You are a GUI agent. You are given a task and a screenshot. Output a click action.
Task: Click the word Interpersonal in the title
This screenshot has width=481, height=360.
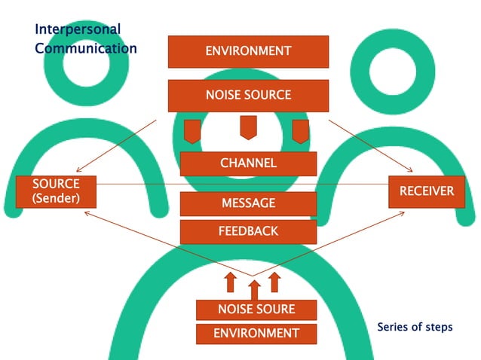point(78,29)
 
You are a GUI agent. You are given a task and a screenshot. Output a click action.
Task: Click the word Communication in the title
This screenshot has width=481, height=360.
point(86,48)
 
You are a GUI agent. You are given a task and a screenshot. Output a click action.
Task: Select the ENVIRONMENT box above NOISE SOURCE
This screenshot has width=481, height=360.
point(248,51)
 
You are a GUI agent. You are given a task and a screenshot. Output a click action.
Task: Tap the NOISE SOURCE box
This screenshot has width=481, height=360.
point(248,96)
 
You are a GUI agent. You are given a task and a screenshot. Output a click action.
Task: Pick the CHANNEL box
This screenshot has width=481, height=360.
point(248,163)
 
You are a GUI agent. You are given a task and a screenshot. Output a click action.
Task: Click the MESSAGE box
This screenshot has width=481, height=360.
point(248,203)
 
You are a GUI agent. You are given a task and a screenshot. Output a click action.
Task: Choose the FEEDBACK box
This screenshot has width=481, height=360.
point(248,231)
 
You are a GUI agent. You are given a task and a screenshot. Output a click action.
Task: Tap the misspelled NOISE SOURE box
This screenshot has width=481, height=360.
point(256,310)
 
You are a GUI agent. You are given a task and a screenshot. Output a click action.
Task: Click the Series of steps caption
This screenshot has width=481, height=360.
point(415,328)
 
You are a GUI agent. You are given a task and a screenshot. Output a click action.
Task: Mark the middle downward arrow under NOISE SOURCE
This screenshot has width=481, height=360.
point(248,127)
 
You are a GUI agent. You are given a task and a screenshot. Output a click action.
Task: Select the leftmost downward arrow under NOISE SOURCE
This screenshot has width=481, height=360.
point(192,130)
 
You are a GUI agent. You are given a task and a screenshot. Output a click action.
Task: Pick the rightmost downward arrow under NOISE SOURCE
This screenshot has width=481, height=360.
point(300,130)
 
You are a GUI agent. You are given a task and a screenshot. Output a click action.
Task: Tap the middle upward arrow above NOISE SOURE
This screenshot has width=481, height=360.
point(254,290)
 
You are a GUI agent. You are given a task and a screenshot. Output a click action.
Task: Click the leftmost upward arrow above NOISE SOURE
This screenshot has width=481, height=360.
point(231,282)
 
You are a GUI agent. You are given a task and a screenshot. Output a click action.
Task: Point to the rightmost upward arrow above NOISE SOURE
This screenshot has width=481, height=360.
point(274,282)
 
